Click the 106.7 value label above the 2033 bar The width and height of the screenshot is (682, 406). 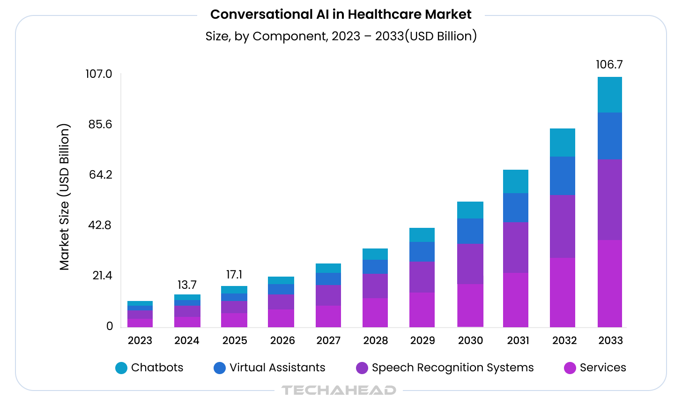click(609, 65)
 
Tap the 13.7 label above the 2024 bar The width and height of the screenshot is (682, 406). click(187, 285)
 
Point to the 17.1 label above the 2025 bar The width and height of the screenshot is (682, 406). click(234, 275)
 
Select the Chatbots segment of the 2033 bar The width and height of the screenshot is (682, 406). click(609, 95)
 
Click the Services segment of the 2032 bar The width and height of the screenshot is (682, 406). click(562, 292)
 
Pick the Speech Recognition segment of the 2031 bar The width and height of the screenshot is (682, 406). click(515, 248)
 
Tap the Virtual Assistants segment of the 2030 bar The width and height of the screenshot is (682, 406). click(470, 231)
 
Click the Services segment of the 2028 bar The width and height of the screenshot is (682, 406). click(375, 312)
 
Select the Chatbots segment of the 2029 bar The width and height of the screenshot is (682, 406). click(422, 235)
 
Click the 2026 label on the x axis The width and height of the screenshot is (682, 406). click(282, 341)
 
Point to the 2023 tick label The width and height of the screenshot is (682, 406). click(140, 341)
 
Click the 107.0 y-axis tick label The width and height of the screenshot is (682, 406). click(99, 74)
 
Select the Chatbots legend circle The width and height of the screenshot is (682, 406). click(121, 368)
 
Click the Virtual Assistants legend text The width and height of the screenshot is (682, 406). click(277, 368)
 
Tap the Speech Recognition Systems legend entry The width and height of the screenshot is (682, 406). click(452, 368)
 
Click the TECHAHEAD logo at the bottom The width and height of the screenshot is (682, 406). click(339, 390)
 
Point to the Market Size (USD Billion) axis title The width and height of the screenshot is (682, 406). click(64, 197)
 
